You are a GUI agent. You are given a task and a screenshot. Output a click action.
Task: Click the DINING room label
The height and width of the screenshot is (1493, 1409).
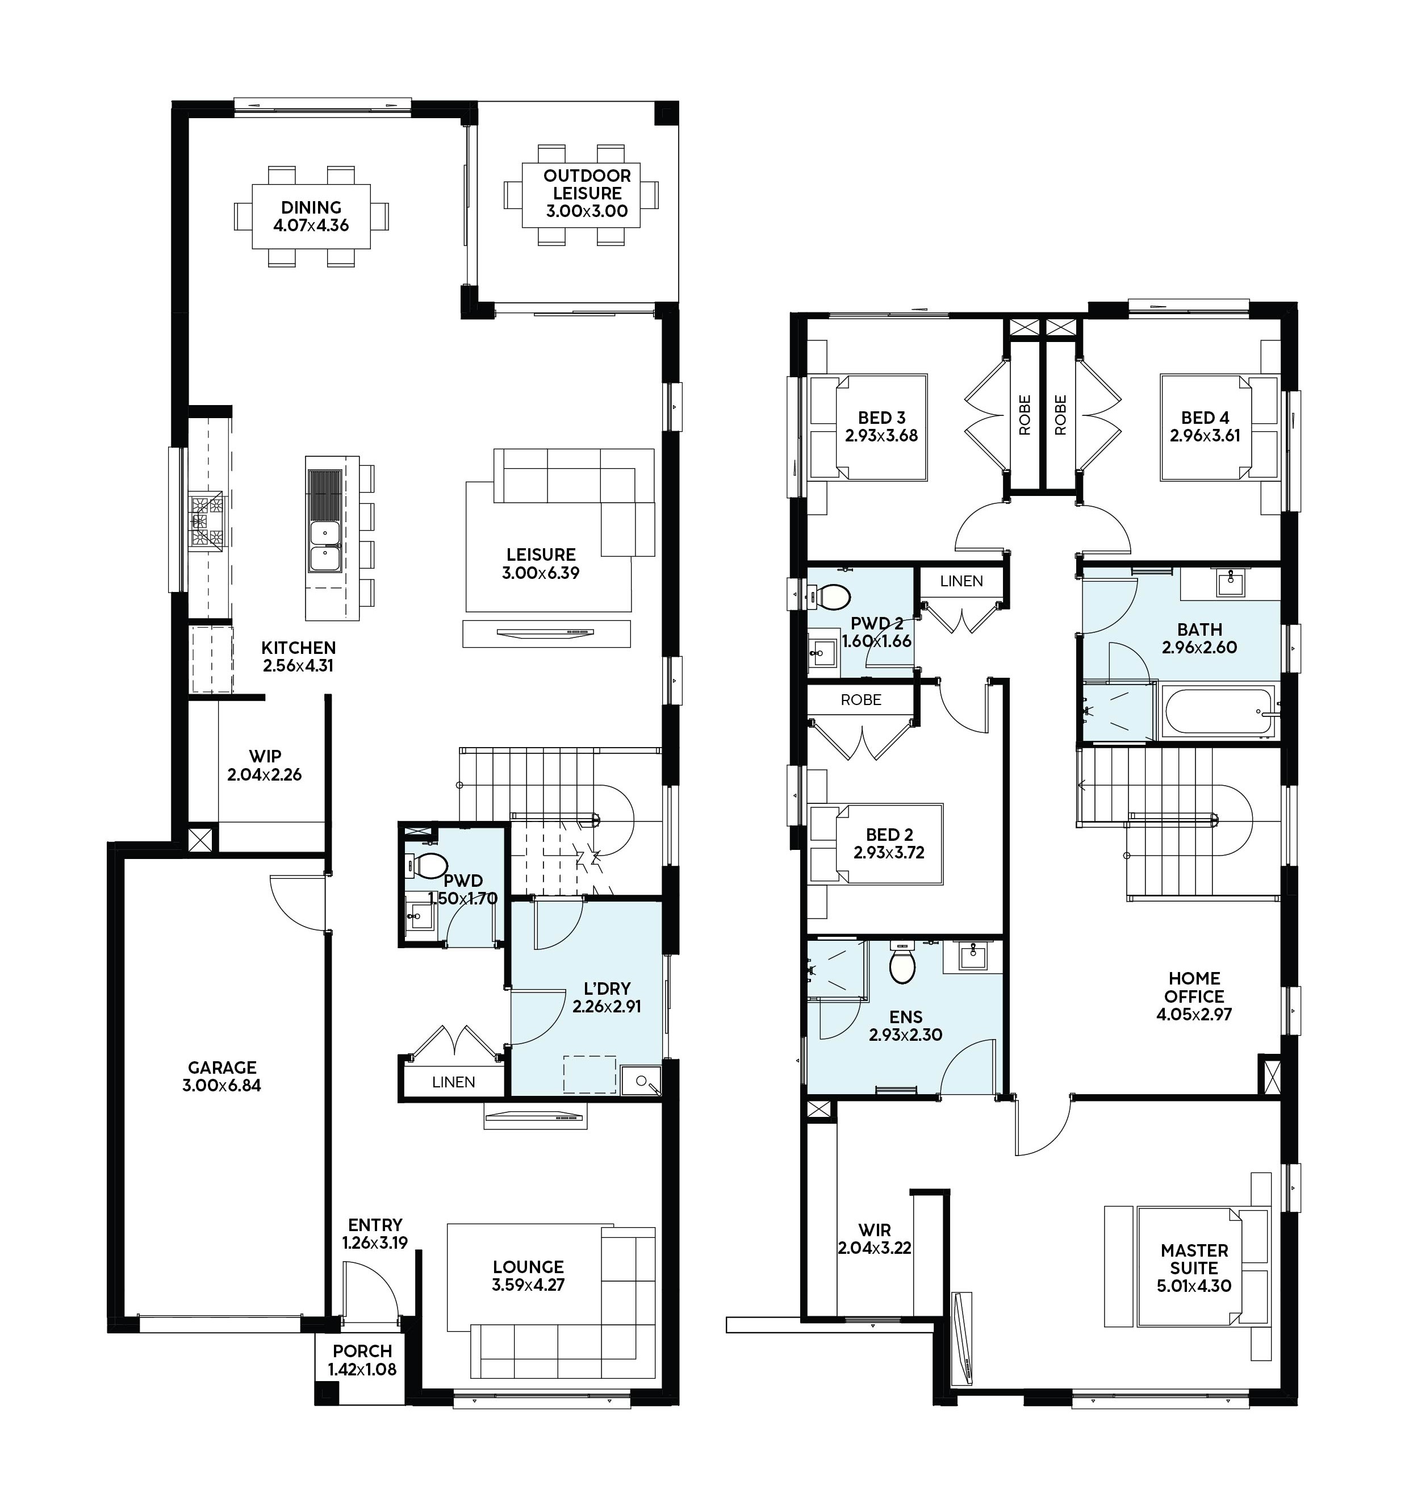coord(311,207)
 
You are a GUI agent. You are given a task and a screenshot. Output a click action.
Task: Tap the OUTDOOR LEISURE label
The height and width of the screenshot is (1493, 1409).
coord(587,184)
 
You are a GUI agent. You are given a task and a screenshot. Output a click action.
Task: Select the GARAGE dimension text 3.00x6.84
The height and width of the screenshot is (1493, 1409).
coord(221,1085)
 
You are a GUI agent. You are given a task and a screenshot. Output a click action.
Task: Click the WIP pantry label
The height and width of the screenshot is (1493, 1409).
coord(265,757)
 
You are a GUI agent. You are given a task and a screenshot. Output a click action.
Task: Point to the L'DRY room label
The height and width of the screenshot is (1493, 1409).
coord(607,989)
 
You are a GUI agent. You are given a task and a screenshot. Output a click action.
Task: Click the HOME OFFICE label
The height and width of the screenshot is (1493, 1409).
coord(1194,987)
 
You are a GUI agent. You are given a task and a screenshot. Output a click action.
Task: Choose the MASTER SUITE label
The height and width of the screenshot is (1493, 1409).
coord(1194,1258)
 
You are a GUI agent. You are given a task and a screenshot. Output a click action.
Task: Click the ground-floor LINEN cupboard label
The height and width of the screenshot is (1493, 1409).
coord(454,1082)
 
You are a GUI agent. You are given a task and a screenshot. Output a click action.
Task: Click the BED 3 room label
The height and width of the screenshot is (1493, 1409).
coord(882,418)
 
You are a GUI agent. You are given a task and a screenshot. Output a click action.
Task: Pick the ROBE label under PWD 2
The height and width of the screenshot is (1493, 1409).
coord(861,699)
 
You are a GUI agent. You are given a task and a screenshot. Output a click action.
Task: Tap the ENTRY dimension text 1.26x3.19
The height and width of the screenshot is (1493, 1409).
coord(375,1243)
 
